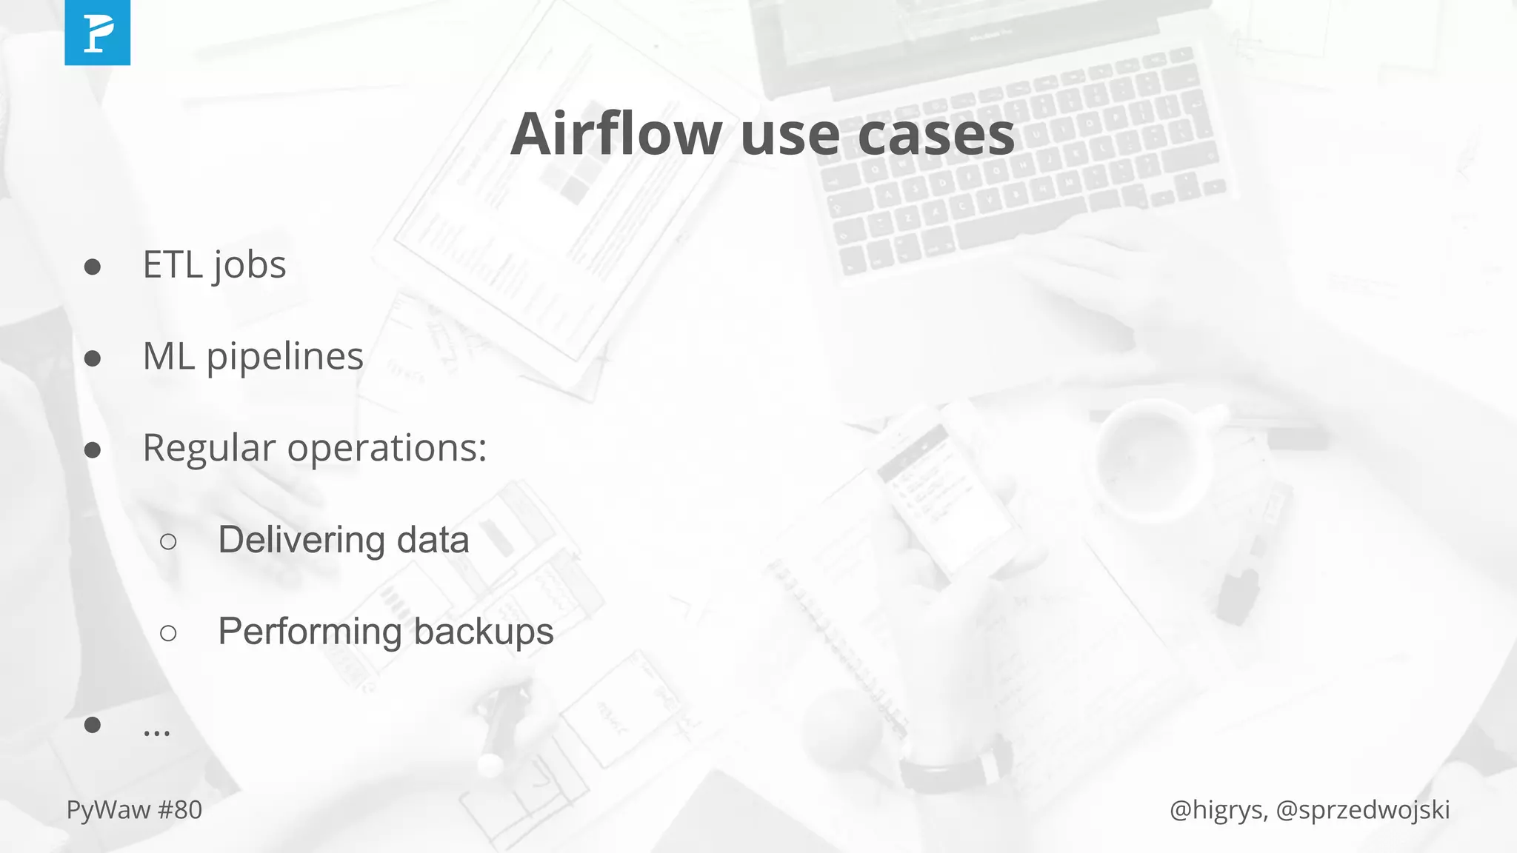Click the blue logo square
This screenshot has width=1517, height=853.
point(97,33)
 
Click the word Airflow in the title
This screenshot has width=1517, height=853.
point(616,134)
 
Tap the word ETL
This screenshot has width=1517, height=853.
point(173,265)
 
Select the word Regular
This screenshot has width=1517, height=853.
point(208,449)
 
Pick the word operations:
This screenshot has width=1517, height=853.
point(387,449)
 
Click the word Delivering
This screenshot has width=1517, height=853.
point(301,540)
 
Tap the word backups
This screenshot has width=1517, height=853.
point(483,632)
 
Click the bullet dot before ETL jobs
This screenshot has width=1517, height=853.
point(93,267)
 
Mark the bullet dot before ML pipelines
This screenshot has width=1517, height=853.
point(93,358)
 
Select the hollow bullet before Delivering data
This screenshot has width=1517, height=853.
point(168,542)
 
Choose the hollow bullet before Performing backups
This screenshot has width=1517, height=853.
point(168,633)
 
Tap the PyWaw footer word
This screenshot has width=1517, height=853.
point(108,810)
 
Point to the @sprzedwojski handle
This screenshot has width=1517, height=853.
point(1363,810)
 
